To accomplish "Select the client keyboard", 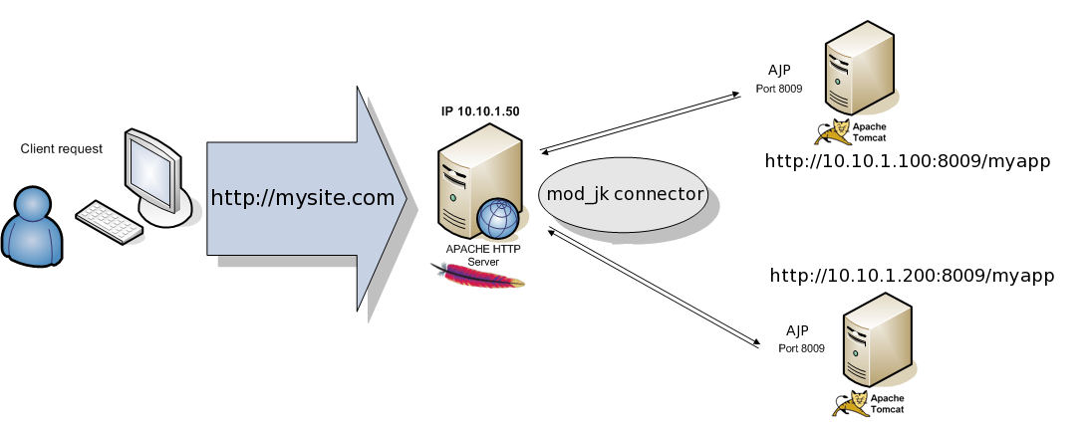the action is coord(110,221).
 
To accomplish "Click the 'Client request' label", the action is coord(61,148).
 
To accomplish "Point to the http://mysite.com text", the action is coord(303,198).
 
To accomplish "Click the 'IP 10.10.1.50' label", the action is coord(480,111).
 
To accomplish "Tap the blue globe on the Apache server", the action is coord(498,219).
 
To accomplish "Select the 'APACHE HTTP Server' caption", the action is coord(483,255).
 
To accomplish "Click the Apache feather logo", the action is coord(477,276).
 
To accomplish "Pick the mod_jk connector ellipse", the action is coord(624,194).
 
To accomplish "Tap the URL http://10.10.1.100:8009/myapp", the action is coord(908,161).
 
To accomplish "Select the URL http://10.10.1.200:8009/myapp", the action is coord(912,276).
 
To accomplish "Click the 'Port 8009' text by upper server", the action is coord(779,89).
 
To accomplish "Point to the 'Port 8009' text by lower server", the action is coord(801,348).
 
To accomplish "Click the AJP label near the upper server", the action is coord(779,70).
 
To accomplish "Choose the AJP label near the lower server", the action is coord(797,329).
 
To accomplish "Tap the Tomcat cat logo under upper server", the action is coord(834,131).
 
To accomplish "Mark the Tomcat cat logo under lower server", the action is coord(852,402).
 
